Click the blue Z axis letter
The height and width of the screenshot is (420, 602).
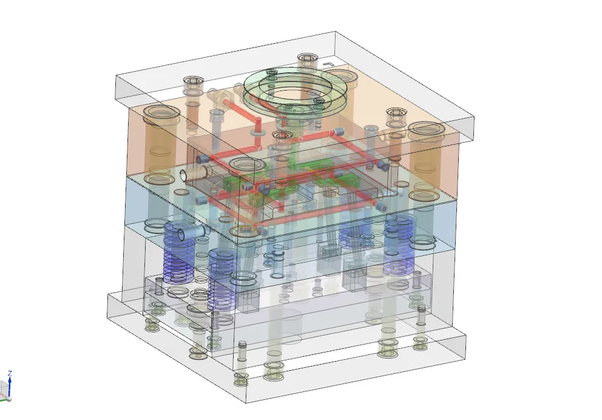tap(10, 373)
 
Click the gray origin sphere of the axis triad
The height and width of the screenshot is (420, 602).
tap(9, 399)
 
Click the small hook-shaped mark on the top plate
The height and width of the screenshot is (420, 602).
tap(328, 64)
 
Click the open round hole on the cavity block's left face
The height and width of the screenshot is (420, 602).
tap(184, 176)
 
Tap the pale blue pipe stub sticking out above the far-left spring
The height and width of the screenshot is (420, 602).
tap(191, 233)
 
